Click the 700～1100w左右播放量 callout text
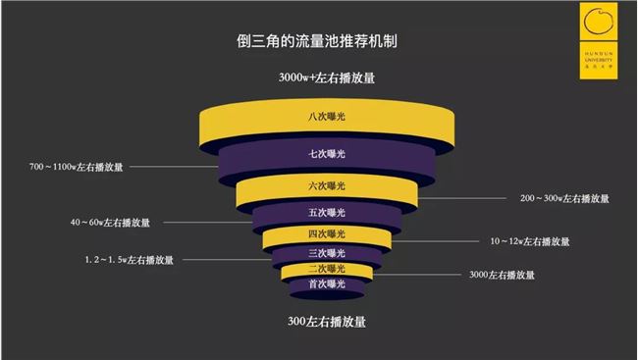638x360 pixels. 77,168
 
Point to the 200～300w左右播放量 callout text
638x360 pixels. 564,198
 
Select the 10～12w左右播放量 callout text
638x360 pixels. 530,240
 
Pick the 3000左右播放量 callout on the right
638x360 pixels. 503,276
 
